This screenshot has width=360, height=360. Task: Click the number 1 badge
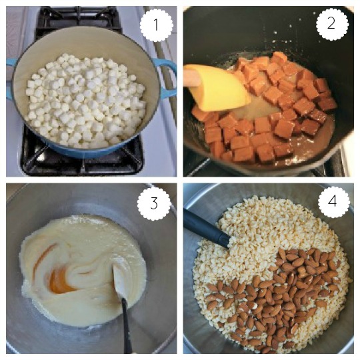tap(156, 25)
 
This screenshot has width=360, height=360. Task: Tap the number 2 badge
tap(332, 24)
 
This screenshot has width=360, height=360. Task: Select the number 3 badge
tap(154, 203)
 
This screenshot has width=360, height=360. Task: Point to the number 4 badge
tap(333, 201)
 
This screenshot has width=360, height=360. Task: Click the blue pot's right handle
tap(167, 78)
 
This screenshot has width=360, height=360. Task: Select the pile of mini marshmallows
tap(86, 101)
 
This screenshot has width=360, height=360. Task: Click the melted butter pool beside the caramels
tap(259, 108)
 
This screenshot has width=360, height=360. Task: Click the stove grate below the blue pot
tap(83, 162)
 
